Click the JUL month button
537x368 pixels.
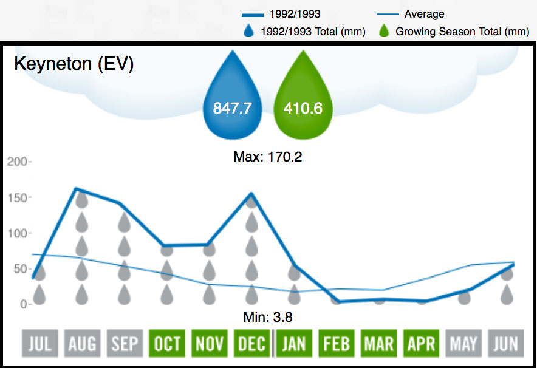click(39, 344)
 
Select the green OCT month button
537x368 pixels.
click(167, 344)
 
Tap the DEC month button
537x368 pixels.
click(251, 344)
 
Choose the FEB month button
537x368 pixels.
click(337, 344)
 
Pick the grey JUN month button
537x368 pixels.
click(506, 344)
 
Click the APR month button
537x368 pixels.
click(421, 344)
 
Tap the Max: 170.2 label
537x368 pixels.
click(268, 157)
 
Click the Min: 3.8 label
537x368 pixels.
click(268, 316)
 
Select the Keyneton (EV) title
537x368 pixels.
click(74, 64)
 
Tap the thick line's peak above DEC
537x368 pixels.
click(251, 194)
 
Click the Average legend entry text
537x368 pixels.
click(424, 13)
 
